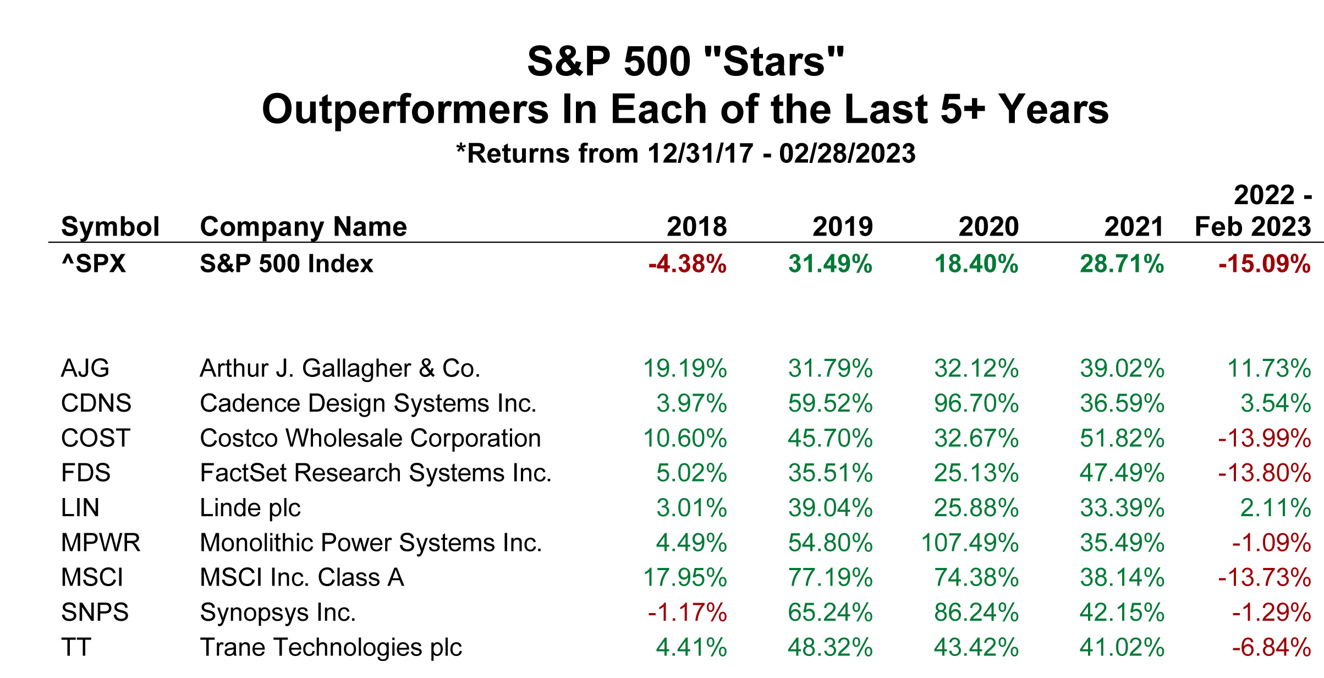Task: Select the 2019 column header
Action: (842, 227)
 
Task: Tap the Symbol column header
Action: (110, 227)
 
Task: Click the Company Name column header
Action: (303, 227)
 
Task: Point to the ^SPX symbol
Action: (94, 264)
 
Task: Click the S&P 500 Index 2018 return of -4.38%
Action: (688, 264)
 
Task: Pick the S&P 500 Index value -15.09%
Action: (1264, 264)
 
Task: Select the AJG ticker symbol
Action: (85, 368)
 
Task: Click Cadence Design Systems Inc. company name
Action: (367, 403)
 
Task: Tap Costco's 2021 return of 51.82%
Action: (1122, 439)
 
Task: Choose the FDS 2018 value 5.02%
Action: (691, 473)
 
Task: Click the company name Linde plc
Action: (250, 508)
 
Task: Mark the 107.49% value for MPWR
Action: (970, 543)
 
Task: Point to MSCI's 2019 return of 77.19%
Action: (830, 578)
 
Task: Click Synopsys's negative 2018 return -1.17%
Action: (688, 613)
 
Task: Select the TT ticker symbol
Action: (76, 647)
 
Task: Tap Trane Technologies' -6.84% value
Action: (1271, 648)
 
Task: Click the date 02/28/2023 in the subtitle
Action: (847, 154)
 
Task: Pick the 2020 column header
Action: (988, 227)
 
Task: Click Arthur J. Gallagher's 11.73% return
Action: (1269, 369)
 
